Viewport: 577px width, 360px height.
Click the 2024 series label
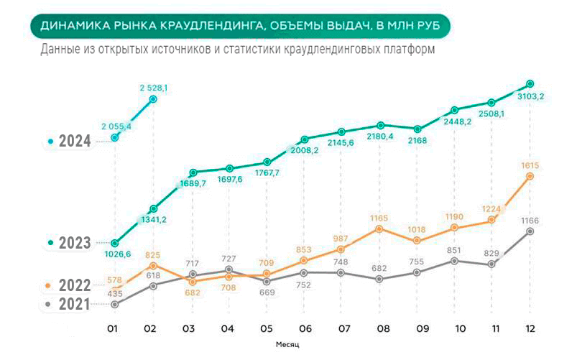point(75,142)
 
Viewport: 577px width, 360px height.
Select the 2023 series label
point(75,243)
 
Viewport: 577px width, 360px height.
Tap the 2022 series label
point(75,285)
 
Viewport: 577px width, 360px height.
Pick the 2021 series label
point(75,304)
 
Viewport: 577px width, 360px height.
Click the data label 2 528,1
point(153,88)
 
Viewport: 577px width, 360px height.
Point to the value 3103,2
point(530,96)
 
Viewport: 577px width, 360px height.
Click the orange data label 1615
point(530,165)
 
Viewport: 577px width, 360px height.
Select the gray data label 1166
point(530,221)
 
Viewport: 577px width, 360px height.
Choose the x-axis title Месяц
point(287,344)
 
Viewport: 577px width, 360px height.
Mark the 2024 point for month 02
point(153,100)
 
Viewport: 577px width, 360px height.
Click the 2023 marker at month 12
point(530,83)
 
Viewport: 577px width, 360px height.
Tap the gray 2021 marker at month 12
point(530,231)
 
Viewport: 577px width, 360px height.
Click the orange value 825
point(153,255)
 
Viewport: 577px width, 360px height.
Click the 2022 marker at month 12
point(530,176)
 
